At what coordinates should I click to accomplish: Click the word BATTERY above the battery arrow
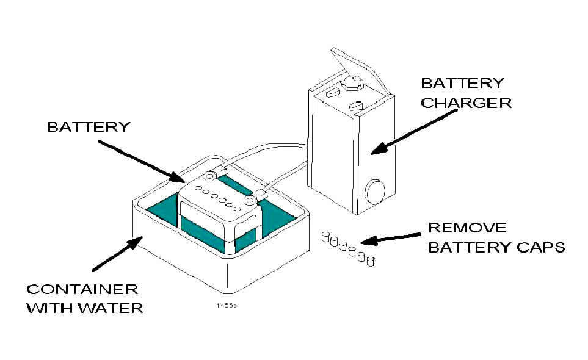(x=89, y=127)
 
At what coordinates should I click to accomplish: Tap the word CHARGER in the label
(x=466, y=103)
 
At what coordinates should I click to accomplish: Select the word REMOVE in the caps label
(x=467, y=228)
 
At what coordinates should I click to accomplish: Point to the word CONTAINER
(x=82, y=289)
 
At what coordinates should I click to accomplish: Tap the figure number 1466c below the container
(x=227, y=305)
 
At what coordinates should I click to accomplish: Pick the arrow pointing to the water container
(x=117, y=254)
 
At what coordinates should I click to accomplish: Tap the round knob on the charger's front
(x=375, y=192)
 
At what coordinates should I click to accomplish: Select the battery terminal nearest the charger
(x=249, y=201)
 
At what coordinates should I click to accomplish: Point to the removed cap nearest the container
(x=325, y=237)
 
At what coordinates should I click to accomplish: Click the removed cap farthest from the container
(x=371, y=261)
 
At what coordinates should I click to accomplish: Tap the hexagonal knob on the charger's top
(x=353, y=83)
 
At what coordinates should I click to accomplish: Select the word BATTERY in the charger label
(x=462, y=83)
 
